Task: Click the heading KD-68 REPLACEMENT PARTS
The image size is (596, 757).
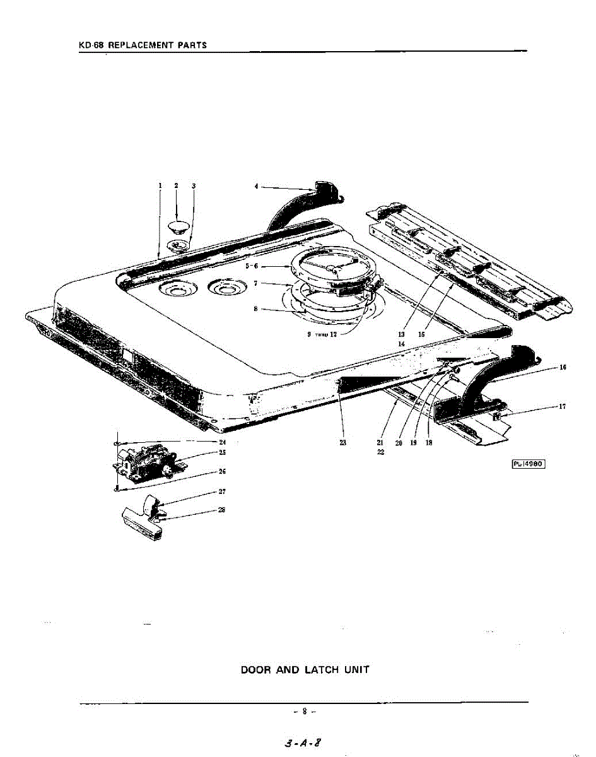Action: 143,45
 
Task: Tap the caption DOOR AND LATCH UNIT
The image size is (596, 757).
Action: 305,669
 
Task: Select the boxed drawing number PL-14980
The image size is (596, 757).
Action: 527,464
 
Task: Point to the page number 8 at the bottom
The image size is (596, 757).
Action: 304,712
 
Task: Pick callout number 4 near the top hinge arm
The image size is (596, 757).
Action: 257,187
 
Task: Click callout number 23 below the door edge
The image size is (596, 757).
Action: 342,442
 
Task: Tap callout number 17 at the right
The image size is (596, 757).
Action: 562,406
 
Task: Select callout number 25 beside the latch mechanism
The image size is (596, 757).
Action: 222,452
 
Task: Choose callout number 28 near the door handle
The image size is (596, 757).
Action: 222,510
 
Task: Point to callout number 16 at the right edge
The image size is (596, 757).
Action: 562,367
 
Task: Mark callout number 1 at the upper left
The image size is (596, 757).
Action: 160,185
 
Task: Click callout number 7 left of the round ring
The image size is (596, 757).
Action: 255,284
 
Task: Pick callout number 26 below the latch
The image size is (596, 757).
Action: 222,471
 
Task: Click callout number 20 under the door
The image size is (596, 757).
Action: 399,442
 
